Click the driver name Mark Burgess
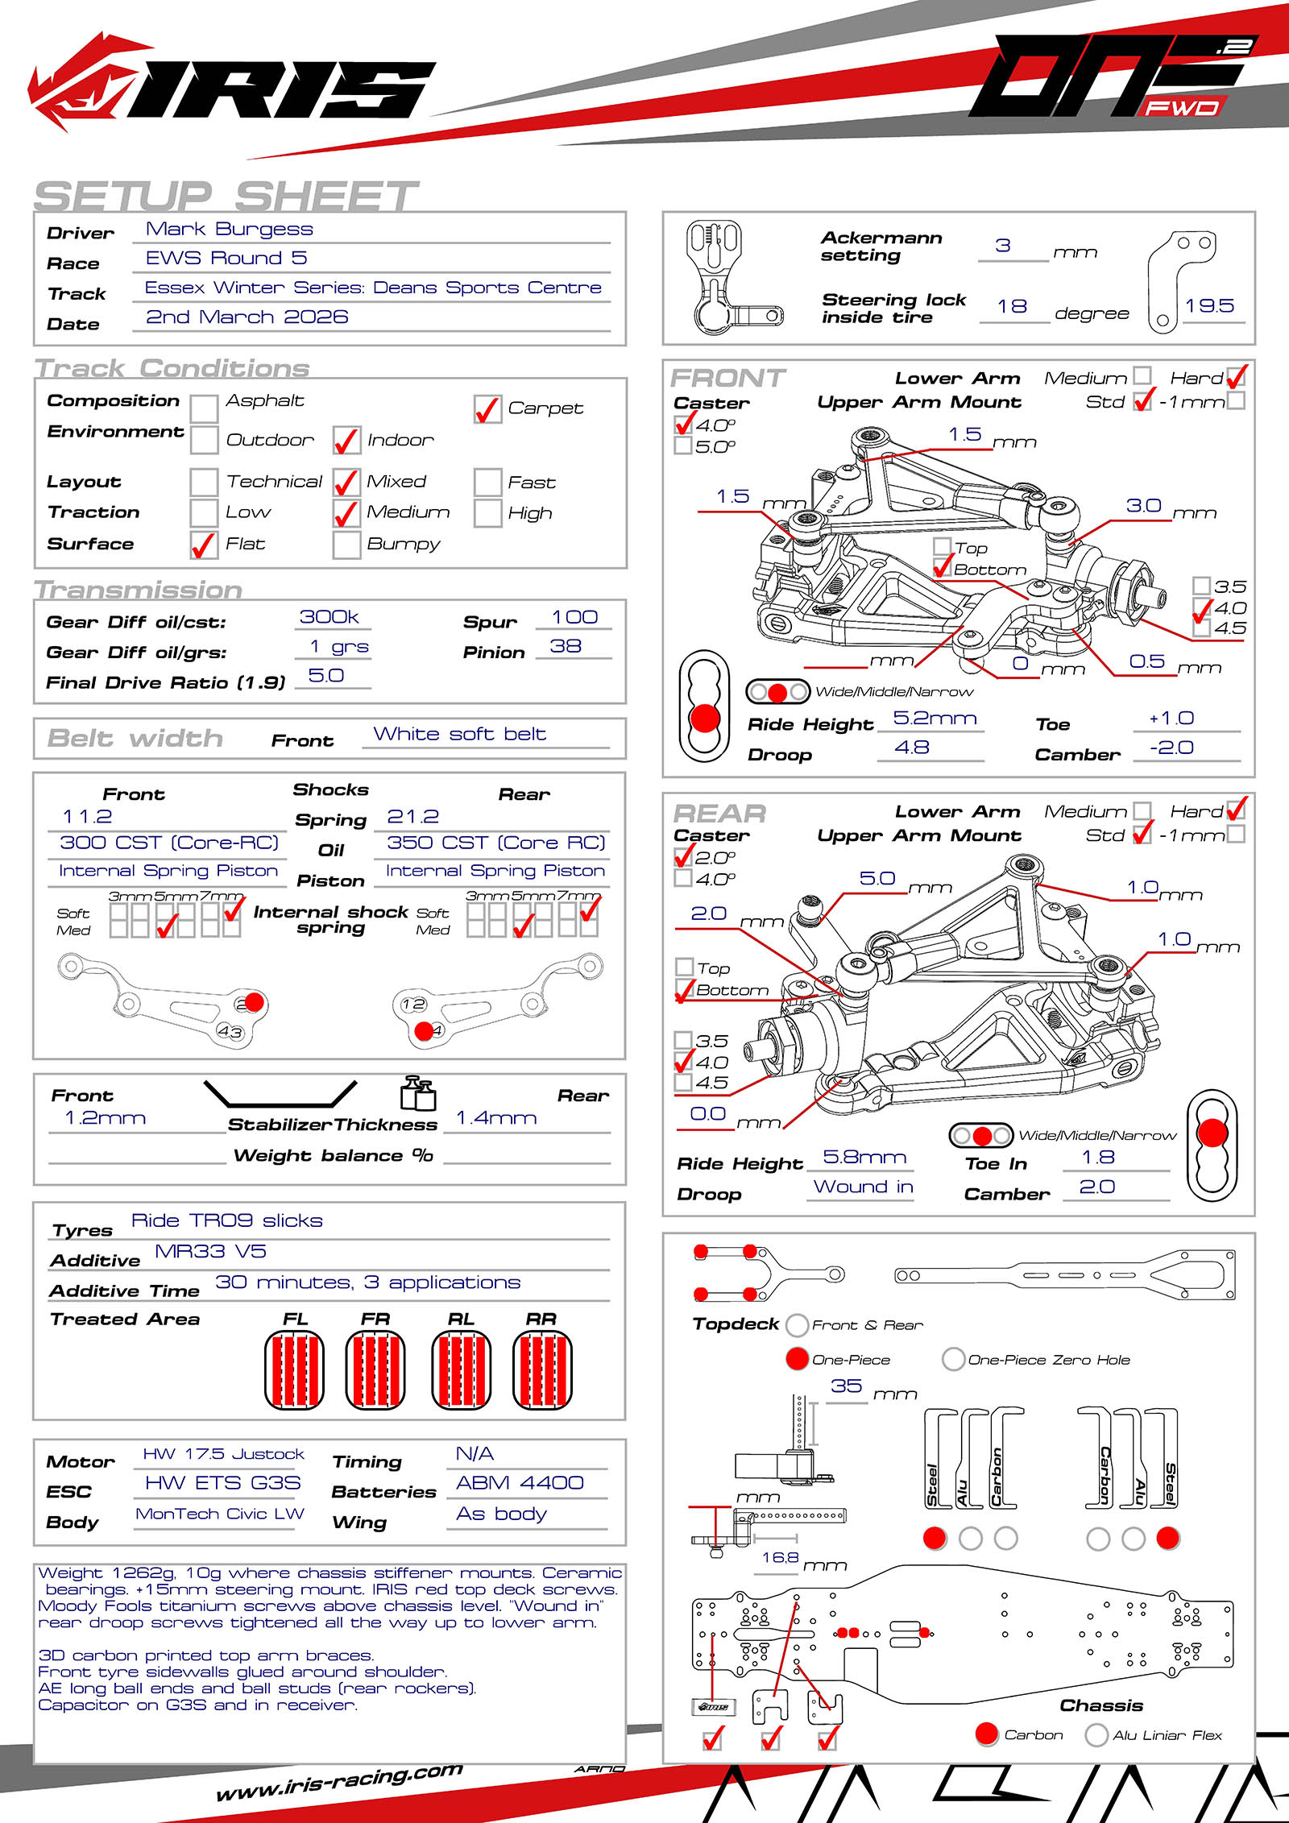tap(229, 230)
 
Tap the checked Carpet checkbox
tap(487, 409)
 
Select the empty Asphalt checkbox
tap(204, 408)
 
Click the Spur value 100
tap(574, 618)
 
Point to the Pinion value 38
tap(566, 647)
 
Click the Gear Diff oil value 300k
tap(329, 617)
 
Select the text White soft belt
tap(459, 735)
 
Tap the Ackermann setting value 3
tap(1003, 246)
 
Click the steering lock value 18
tap(1012, 307)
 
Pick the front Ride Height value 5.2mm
tap(935, 719)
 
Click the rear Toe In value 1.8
tap(1098, 1158)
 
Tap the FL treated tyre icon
tap(295, 1369)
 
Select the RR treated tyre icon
tap(542, 1369)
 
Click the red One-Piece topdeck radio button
tap(797, 1359)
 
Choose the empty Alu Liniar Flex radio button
tap(1096, 1734)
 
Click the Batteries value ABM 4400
tap(520, 1483)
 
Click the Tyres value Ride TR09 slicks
tap(226, 1221)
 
